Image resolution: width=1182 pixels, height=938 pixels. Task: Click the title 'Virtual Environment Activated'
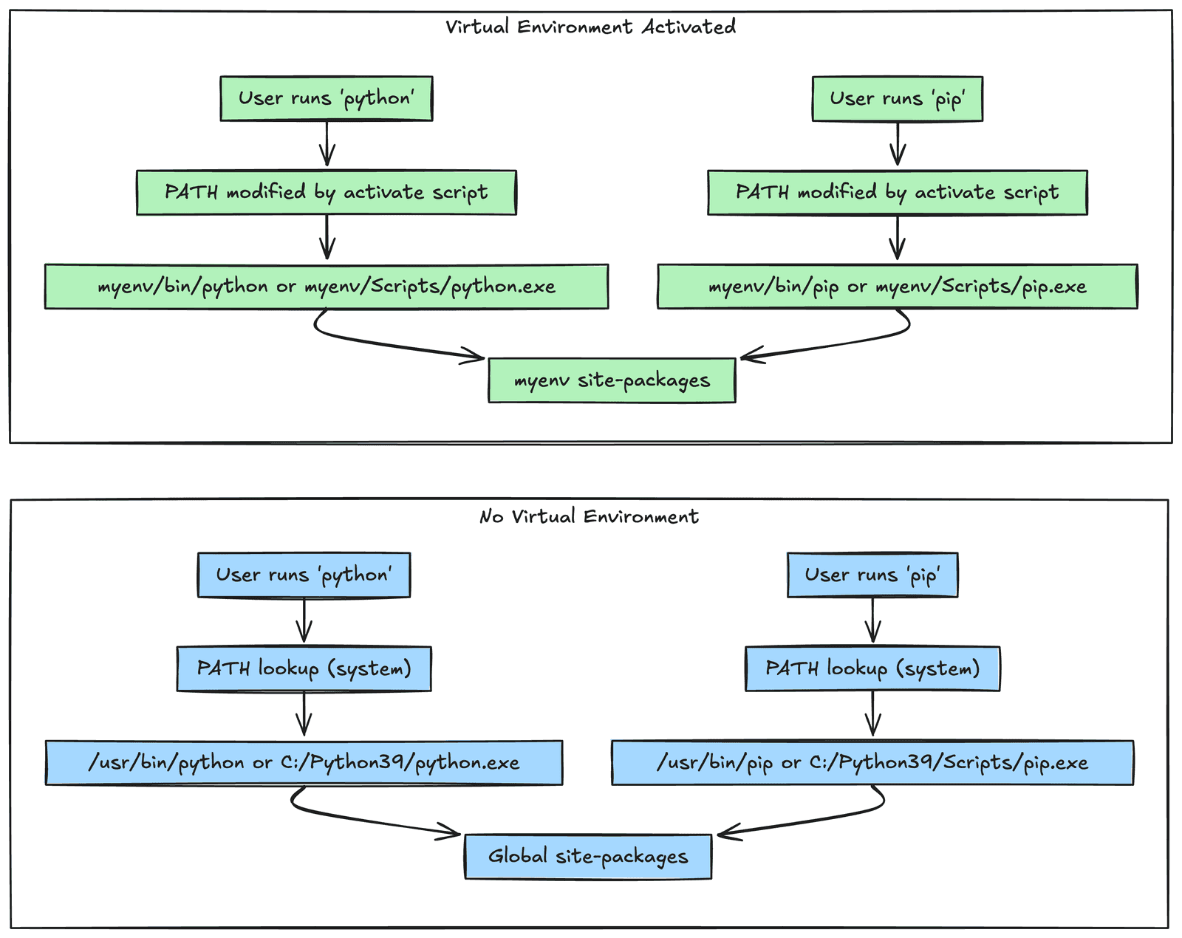click(590, 27)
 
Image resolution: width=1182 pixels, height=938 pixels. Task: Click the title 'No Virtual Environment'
click(589, 516)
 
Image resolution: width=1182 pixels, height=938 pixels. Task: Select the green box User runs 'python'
click(326, 98)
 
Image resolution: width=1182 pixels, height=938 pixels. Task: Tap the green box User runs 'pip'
click(897, 98)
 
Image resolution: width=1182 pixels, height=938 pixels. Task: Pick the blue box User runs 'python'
click(304, 575)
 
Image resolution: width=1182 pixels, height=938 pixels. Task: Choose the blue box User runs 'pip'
click(872, 575)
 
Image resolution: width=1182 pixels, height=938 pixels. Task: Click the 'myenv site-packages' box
click(612, 380)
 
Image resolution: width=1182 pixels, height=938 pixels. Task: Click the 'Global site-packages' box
click(588, 857)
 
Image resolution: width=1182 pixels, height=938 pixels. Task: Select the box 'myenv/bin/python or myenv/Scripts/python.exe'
click(327, 287)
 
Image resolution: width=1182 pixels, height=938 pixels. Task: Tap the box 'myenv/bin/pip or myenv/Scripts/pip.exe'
click(897, 287)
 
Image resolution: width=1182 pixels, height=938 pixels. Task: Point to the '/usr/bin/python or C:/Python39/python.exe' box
click(304, 762)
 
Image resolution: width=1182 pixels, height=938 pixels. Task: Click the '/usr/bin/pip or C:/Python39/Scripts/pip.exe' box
click(872, 762)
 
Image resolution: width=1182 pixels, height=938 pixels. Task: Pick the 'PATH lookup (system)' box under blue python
click(304, 668)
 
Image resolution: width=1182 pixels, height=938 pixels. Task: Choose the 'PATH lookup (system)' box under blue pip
click(872, 668)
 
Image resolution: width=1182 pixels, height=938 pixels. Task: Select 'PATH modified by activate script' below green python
click(327, 193)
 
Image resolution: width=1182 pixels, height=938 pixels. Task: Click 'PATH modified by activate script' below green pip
click(897, 193)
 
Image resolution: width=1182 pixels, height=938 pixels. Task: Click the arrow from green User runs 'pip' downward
click(898, 144)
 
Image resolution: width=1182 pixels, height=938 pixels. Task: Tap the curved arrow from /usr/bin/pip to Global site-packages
click(820, 819)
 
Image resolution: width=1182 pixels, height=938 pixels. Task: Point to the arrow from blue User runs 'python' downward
click(304, 620)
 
